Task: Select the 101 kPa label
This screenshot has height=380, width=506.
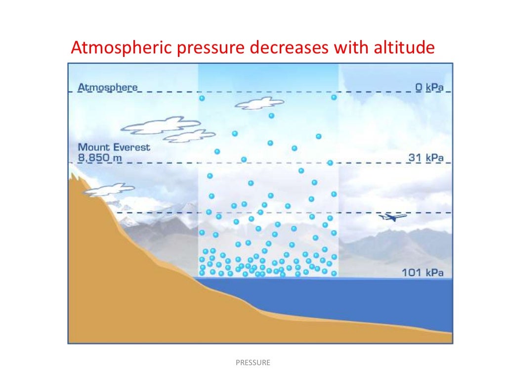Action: pyautogui.click(x=422, y=273)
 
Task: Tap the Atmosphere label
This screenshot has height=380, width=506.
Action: pyautogui.click(x=108, y=88)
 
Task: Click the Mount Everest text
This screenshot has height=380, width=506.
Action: pyautogui.click(x=114, y=147)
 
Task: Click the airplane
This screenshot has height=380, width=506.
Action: pyautogui.click(x=392, y=217)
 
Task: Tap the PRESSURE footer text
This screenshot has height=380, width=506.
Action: pyautogui.click(x=253, y=363)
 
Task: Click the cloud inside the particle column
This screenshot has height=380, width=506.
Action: pyautogui.click(x=259, y=103)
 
